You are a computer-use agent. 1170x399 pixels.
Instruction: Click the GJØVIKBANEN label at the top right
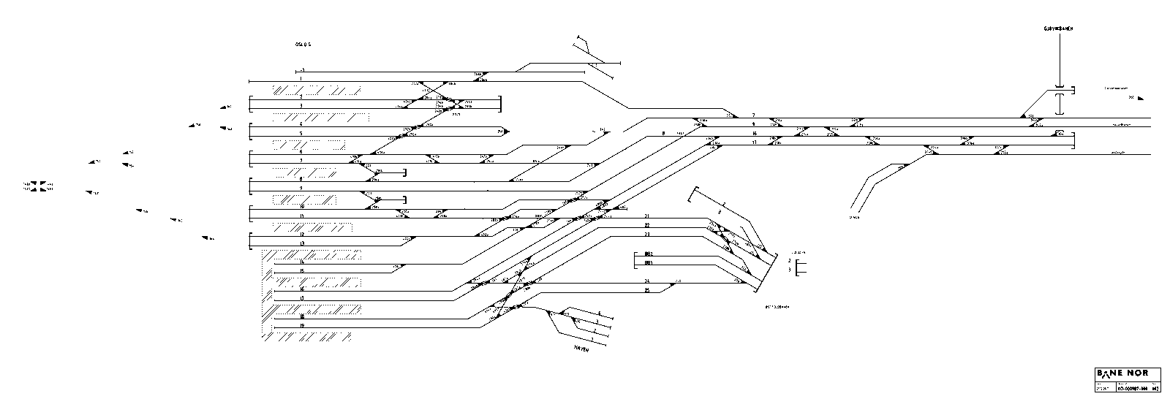1057,28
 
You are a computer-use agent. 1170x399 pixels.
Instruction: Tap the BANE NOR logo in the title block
1122,373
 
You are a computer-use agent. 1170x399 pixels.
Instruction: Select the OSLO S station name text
303,45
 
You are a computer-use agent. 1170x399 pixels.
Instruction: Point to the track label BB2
648,254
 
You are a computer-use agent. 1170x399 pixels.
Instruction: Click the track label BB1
648,263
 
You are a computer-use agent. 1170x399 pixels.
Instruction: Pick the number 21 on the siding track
647,216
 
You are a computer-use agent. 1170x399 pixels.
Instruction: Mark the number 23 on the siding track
647,235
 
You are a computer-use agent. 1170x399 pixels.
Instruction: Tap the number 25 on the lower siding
647,290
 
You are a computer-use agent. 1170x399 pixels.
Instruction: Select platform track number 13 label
301,243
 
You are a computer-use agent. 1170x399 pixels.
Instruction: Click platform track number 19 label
301,326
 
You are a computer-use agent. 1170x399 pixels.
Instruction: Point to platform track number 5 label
301,134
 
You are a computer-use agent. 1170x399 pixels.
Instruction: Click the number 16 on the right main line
754,134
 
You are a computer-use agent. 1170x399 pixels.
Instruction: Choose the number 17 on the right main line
754,143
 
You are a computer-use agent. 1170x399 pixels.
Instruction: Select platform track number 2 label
301,96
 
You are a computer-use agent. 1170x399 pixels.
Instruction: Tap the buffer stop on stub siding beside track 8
404,172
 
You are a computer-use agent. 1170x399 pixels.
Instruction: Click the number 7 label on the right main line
754,115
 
